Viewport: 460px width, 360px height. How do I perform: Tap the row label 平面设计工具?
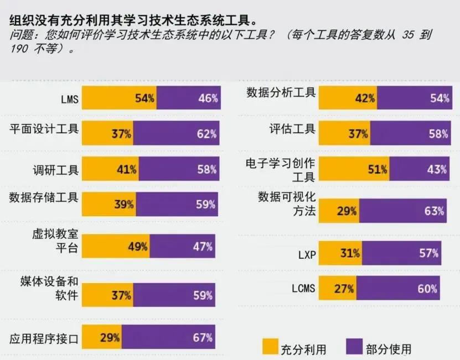[x=44, y=129]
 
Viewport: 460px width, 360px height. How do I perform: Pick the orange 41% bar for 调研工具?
[x=110, y=169]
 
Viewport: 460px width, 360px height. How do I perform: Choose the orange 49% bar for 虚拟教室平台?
[x=116, y=246]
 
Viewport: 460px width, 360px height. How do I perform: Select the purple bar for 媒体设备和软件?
[x=174, y=295]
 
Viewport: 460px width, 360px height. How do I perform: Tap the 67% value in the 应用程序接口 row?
[x=203, y=337]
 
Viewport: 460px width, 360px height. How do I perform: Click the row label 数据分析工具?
[x=281, y=92]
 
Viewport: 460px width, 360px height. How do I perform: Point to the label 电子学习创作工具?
[x=281, y=170]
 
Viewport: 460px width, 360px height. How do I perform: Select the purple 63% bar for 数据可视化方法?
[x=402, y=211]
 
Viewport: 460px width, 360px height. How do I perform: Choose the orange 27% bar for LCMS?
[x=338, y=288]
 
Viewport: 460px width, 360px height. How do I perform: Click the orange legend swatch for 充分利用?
[x=270, y=346]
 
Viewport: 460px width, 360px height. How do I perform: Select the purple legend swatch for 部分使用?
[x=354, y=346]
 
